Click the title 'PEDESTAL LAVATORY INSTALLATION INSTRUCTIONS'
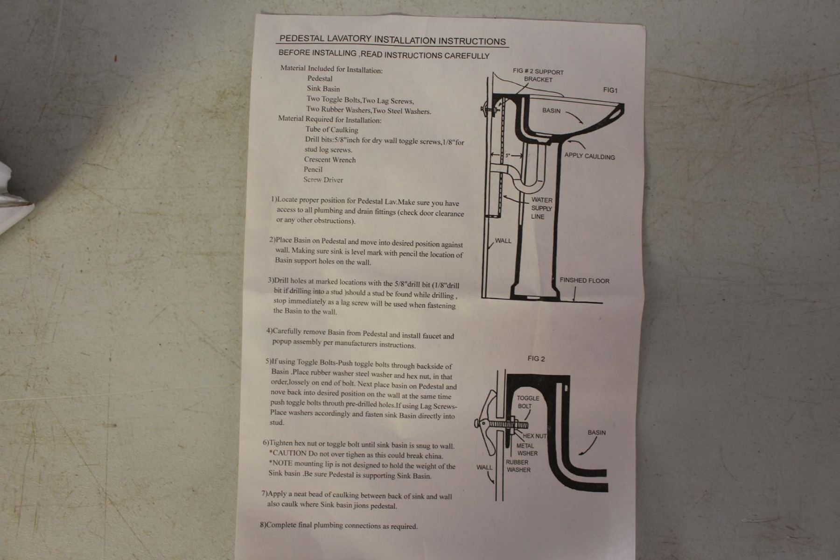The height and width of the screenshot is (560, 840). (392, 40)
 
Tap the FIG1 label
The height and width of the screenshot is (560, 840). (610, 90)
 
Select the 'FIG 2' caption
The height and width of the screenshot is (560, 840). (536, 359)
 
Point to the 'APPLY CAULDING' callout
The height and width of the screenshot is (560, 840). (589, 156)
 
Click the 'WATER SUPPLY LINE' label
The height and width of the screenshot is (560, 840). (541, 208)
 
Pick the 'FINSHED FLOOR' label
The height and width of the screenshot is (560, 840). (584, 280)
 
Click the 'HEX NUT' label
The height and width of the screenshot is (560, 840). (534, 436)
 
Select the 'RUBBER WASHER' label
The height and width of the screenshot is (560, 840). (518, 466)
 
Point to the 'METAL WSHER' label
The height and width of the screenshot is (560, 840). (527, 449)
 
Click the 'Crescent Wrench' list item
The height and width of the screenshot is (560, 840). (330, 160)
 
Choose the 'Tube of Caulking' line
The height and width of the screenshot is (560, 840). (332, 130)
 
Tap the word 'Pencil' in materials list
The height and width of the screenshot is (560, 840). (313, 170)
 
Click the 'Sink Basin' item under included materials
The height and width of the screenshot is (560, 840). (323, 89)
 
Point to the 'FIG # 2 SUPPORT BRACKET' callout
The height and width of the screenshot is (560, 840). (538, 76)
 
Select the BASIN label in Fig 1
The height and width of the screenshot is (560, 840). (551, 111)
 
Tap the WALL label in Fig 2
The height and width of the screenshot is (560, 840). (484, 467)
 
